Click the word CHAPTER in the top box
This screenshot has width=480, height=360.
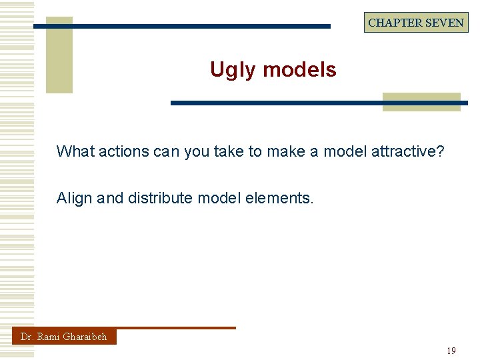395,23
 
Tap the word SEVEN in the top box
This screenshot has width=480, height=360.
445,23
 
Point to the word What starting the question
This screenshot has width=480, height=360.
75,151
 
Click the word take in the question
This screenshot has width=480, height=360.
228,151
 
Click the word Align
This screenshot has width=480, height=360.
75,198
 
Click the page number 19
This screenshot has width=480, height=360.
451,351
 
